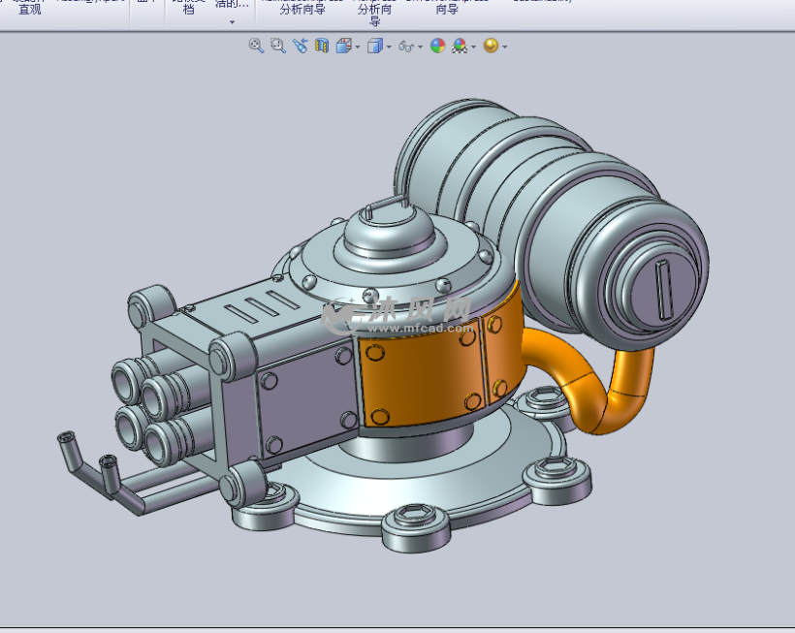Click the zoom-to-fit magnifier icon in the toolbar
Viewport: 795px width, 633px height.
point(256,46)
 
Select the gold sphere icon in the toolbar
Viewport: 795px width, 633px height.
point(491,46)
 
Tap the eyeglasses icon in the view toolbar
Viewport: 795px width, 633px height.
point(407,46)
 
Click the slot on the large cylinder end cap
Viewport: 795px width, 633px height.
point(662,289)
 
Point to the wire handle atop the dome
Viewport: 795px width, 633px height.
point(385,206)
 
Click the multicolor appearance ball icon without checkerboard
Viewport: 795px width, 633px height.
point(437,46)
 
